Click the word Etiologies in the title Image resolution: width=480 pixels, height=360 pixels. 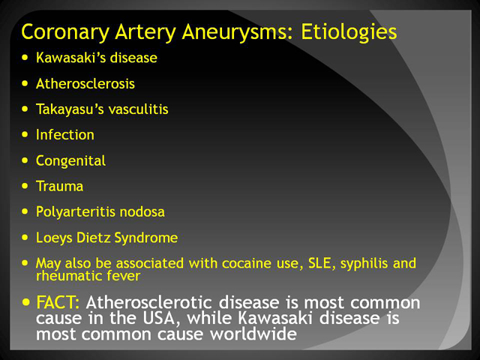click(349, 32)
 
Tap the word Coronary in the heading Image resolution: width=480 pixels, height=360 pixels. click(65, 32)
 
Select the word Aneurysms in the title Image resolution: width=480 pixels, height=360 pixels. click(238, 32)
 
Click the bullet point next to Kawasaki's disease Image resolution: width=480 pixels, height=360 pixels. click(25, 57)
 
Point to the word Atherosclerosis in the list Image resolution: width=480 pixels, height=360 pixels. click(85, 83)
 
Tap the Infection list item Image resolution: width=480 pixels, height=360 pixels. click(65, 135)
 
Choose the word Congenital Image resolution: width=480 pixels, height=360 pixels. click(70, 161)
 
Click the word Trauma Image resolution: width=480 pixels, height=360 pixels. click(59, 186)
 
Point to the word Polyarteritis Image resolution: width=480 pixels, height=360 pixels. click(75, 212)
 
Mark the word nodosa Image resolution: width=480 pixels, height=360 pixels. click(142, 211)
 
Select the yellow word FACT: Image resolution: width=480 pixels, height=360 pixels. click(58, 302)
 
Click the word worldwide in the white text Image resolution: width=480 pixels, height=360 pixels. click(253, 333)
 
